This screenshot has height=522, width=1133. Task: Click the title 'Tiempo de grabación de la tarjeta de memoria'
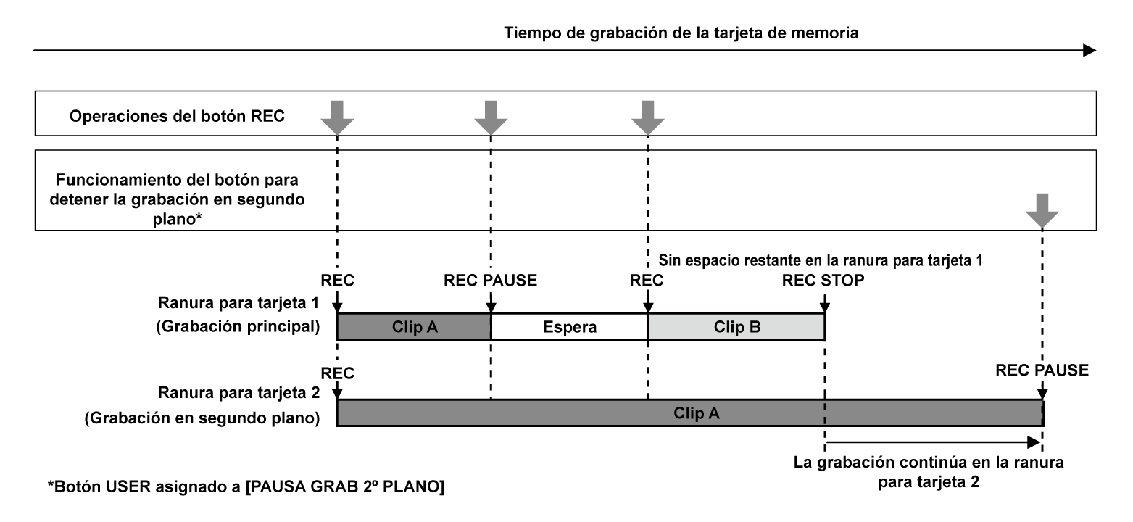coord(682,33)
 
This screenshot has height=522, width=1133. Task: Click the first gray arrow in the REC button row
coord(337,116)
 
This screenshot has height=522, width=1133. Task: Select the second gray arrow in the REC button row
coord(491,116)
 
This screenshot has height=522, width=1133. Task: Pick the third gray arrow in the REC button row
coord(647,116)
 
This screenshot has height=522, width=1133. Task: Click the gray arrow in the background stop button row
coord(1042,210)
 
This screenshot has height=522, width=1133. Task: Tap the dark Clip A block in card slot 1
coord(414,326)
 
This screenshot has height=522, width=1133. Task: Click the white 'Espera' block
coord(569,326)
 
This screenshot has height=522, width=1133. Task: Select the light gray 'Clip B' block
coord(736,326)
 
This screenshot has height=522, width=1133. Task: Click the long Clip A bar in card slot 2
coord(689,413)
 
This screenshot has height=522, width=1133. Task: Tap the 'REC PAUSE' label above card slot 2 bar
coord(1042,370)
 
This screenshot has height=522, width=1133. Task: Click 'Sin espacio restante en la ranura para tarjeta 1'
coord(821,260)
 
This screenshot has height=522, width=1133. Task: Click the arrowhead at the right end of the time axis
coord(1090,50)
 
